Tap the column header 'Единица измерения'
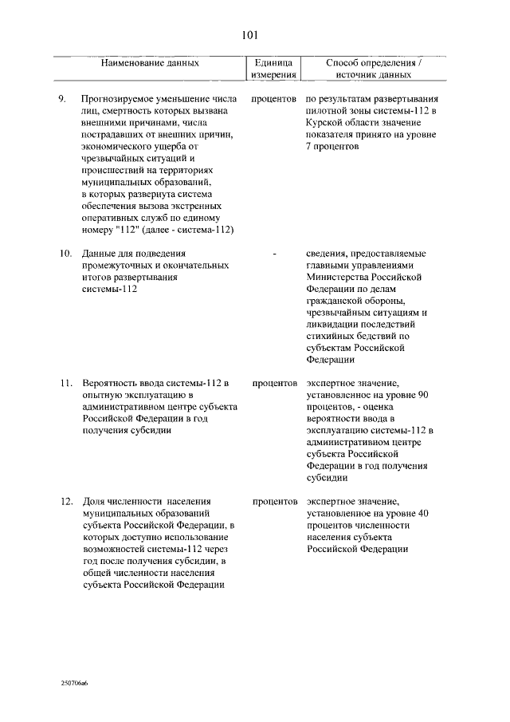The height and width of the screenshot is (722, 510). [x=274, y=68]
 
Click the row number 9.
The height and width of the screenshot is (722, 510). [x=65, y=98]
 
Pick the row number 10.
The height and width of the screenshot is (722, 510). [x=67, y=254]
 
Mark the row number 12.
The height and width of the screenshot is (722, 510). [x=67, y=501]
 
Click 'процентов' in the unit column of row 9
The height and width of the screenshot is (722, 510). [x=274, y=98]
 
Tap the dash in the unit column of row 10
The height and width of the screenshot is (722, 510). [x=274, y=254]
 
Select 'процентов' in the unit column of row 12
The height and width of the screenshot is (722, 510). [x=274, y=501]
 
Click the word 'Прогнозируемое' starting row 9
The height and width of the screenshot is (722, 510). [x=118, y=98]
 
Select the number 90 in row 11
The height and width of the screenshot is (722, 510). [x=424, y=395]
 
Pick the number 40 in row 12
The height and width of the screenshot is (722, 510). [x=424, y=513]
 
